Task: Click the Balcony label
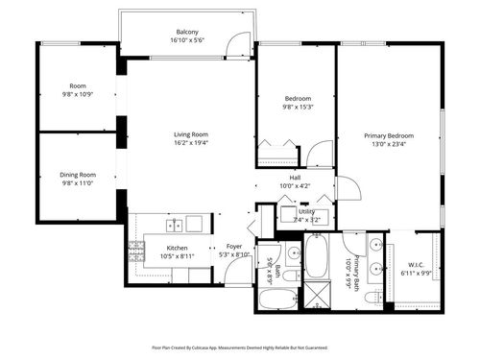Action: coord(188,32)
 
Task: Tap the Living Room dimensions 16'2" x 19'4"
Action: coord(190,142)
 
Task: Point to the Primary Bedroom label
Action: coord(388,136)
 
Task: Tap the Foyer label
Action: coord(233,247)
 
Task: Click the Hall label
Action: coord(296,177)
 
